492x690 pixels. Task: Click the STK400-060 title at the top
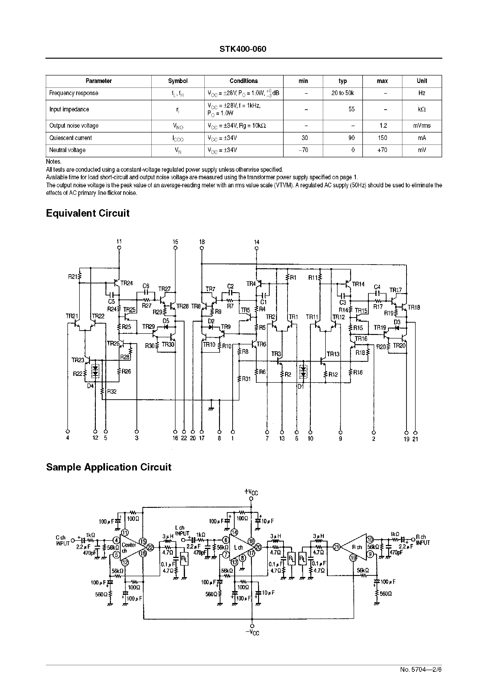point(243,49)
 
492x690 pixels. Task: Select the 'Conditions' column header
point(244,81)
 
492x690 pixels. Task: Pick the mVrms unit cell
point(422,126)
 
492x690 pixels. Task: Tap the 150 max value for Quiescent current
point(382,138)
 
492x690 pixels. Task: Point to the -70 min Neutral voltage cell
point(303,150)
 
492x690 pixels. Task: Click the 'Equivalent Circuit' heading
point(88,213)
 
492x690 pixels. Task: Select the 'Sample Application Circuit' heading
point(109,467)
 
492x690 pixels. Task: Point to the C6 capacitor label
point(146,286)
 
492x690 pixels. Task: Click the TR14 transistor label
point(358,284)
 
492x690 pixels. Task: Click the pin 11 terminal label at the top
point(119,242)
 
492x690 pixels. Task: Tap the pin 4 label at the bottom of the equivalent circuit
point(68,438)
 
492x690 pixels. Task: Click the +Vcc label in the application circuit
point(251,492)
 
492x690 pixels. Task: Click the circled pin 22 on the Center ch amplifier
point(150,547)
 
